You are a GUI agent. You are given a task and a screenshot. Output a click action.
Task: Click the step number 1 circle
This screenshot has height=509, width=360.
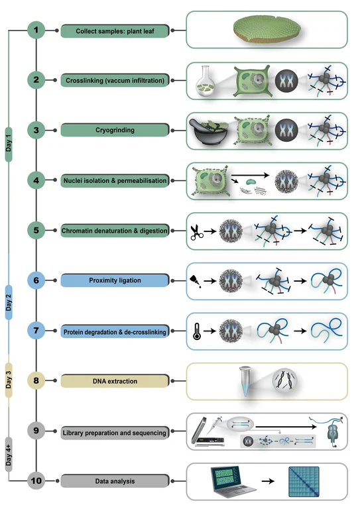point(36,30)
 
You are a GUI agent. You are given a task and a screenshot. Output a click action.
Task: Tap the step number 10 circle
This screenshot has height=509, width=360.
point(36,481)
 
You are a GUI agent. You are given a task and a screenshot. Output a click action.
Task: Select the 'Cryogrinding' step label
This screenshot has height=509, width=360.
point(115,130)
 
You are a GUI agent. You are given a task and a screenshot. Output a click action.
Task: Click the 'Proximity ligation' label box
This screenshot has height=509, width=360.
point(115,280)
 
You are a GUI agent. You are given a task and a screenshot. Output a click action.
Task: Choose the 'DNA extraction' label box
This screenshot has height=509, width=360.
point(115,381)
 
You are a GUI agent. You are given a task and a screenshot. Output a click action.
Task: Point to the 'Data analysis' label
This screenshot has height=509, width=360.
point(115,481)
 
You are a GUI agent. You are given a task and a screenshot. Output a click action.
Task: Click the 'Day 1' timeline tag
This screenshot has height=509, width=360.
point(9,144)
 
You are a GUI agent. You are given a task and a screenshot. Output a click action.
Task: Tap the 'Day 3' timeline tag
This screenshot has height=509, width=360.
point(9,380)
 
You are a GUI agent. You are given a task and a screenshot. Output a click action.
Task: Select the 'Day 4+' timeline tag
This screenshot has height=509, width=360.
point(9,455)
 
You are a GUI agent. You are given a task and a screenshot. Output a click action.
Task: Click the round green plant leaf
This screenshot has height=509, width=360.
point(267,29)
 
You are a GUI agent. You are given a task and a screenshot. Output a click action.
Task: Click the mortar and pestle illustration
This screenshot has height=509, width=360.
point(208,131)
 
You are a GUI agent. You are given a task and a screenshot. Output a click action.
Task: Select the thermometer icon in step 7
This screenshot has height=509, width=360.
point(197,331)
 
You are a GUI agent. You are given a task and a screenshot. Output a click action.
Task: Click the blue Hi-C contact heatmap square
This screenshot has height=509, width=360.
point(304,482)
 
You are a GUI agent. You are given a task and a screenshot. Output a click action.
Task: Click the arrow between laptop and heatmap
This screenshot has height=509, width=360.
point(268,481)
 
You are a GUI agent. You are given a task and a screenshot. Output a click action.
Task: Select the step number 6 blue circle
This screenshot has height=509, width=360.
point(36,280)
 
